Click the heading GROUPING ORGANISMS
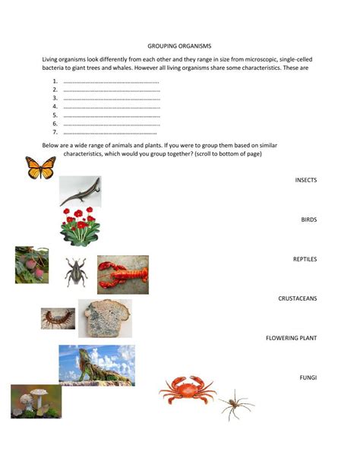coord(179,46)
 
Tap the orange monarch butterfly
coord(41,167)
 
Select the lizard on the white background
coord(81,191)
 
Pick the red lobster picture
coord(123,274)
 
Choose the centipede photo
coord(58,317)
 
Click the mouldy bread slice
coord(104,318)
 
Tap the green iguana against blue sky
coord(96,365)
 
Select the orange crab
coord(187,391)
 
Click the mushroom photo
coord(36,401)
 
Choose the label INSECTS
coord(305,180)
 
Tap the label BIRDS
coord(308,219)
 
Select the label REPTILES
coord(305,259)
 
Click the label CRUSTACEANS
coord(298,298)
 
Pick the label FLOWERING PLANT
coord(291,338)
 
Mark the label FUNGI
coord(308,377)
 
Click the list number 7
coord(55,132)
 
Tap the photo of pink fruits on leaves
coord(32,265)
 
